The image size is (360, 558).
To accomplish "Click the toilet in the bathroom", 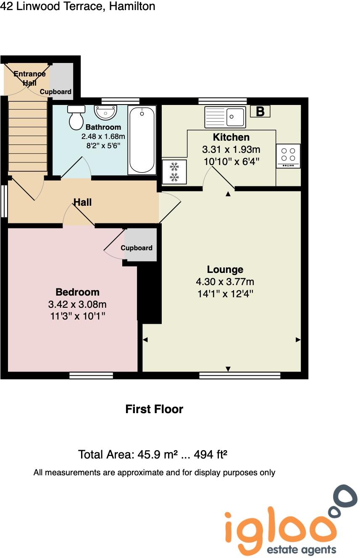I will coord(76,118).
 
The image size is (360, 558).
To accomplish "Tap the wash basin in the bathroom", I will coord(105,112).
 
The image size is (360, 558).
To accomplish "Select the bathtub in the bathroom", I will coord(142,140).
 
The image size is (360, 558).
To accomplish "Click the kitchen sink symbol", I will coord(225,117).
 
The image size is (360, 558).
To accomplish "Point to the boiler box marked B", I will coord(260,112).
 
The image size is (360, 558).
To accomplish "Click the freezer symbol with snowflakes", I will coord(174,172).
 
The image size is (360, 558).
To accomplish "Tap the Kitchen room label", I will coord(231,137).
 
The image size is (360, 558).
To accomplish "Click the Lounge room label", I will coord(225,270).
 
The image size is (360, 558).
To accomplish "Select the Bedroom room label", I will coord(78,292).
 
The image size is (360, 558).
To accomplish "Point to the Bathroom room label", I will coord(103,127).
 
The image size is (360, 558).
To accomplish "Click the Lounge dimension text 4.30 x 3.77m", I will coord(225,282).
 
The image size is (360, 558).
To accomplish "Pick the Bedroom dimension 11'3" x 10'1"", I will coord(78,316).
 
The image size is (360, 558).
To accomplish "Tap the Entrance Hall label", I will coord(29,79).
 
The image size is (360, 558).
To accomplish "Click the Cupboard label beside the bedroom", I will coord(137,248).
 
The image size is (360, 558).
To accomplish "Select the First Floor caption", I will coord(154,409).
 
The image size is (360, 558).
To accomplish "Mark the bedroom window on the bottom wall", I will coord(91,375).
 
